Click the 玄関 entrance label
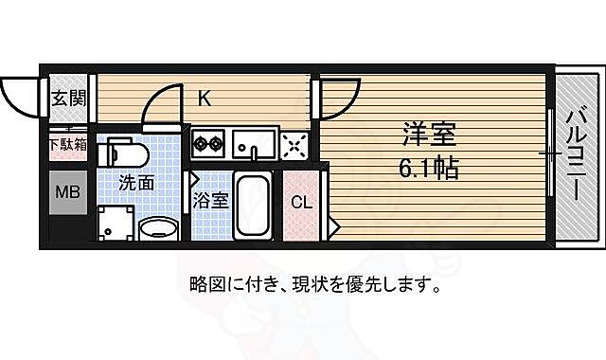click(67, 98)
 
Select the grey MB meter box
click(66, 193)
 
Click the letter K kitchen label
click(204, 96)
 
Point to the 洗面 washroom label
click(136, 184)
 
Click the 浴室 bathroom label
click(209, 201)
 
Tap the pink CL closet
click(302, 202)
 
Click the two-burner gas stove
click(207, 144)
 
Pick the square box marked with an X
click(294, 145)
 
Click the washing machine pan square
click(115, 224)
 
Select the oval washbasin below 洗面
click(159, 227)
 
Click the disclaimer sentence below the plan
click(313, 283)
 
